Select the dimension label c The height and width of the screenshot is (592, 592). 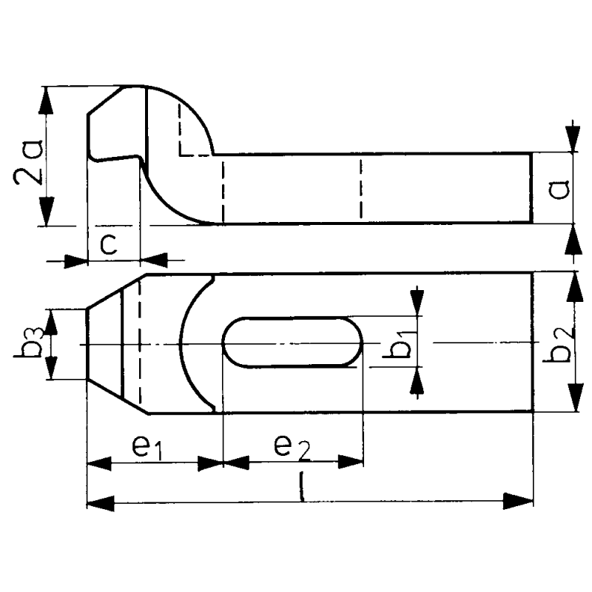pos(108,244)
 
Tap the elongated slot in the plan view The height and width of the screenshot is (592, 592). pos(293,342)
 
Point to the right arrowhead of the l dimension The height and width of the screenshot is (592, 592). pos(521,503)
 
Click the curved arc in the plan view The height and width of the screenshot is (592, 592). pos(189,343)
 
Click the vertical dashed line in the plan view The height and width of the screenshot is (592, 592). pos(140,343)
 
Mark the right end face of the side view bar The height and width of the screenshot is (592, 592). pos(531,188)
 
